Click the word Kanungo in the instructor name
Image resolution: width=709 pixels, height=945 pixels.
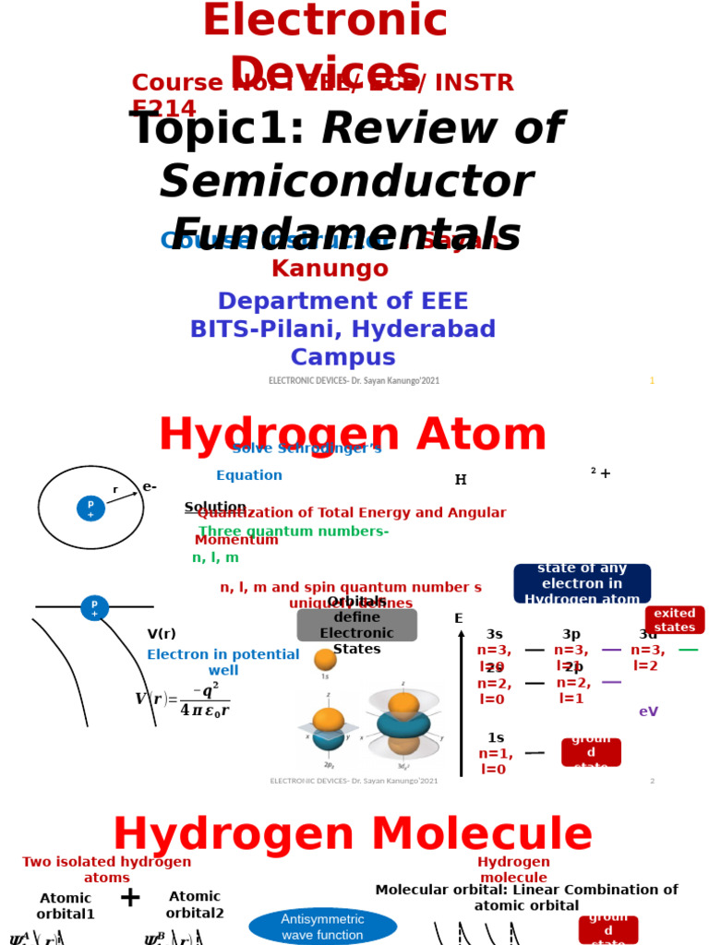[x=330, y=269]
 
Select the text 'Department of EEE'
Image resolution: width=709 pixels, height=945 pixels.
[x=342, y=301]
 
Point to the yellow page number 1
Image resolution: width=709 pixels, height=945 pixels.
[x=652, y=380]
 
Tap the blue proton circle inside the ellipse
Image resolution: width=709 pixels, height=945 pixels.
[x=90, y=508]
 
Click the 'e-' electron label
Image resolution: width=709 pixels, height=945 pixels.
[x=150, y=486]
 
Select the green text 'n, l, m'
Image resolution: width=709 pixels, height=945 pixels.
[x=215, y=557]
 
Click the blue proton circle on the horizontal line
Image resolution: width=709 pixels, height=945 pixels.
[x=94, y=608]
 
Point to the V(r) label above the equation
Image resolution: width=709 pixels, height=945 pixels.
[x=161, y=634]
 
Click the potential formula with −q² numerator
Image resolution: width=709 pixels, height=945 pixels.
[x=183, y=700]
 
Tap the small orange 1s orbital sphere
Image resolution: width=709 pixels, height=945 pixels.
[x=325, y=660]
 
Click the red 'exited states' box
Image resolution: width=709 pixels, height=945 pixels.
[x=674, y=620]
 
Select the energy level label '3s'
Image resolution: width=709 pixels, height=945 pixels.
[x=494, y=634]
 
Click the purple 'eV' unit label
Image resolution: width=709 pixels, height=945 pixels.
[x=648, y=712]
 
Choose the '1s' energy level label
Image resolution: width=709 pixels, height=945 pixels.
[x=496, y=737]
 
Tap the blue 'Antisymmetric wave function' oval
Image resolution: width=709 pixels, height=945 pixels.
[x=323, y=927]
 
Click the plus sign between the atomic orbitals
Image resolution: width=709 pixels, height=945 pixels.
[x=130, y=897]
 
